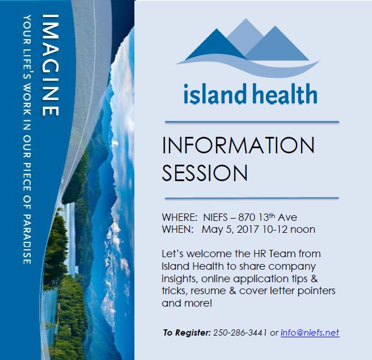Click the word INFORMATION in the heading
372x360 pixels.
pos(238,146)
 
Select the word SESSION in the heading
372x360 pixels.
pos(205,173)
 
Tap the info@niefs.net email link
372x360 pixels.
pos(310,333)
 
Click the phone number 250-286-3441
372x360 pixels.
pos(240,333)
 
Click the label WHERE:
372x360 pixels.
pos(179,217)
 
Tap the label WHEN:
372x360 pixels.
pos(177,229)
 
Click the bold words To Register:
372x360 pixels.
pos(187,333)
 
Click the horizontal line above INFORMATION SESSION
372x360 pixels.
pos(251,122)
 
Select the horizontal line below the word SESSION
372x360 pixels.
pos(251,198)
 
